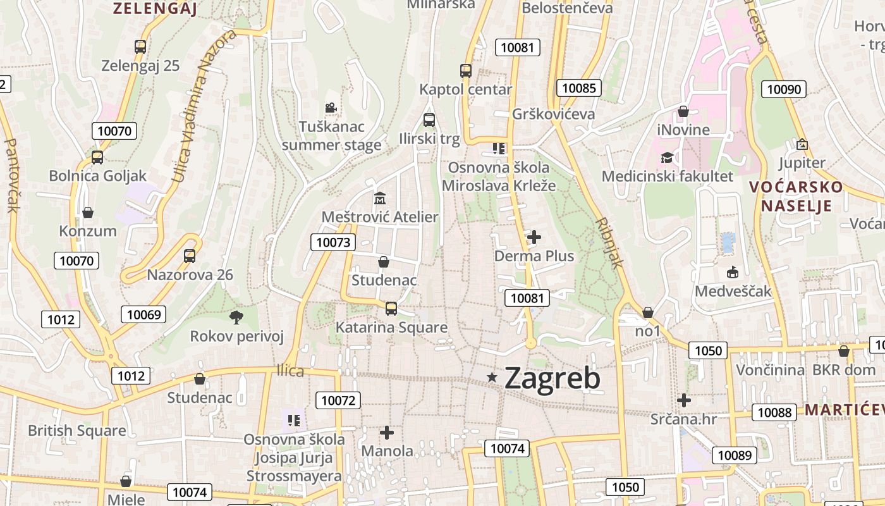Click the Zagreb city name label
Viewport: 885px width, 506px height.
pos(552,378)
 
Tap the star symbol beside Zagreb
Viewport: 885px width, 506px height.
pos(492,378)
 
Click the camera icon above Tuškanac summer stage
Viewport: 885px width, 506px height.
pos(331,108)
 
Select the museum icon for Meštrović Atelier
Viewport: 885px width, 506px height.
pos(379,199)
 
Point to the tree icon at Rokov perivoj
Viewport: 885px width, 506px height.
pos(236,317)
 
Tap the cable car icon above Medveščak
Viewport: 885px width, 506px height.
pos(733,273)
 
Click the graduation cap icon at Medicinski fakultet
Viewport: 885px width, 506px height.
pos(667,157)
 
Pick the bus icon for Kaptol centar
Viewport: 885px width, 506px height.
pos(466,71)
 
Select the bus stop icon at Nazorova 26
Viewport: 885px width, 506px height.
pos(190,256)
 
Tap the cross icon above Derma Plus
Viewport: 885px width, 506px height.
pos(534,237)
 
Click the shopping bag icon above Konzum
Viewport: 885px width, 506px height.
pos(88,213)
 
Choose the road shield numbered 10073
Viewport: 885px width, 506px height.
pos(333,242)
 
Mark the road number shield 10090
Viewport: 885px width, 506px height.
pos(784,89)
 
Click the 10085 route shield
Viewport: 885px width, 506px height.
pos(578,88)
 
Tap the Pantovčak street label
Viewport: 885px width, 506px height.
pos(11,175)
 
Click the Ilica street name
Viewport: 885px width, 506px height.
pos(290,371)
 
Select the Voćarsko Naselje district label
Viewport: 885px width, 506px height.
pos(796,196)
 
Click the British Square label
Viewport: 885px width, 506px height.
pos(77,431)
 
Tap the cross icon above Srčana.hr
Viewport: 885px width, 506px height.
pos(683,400)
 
